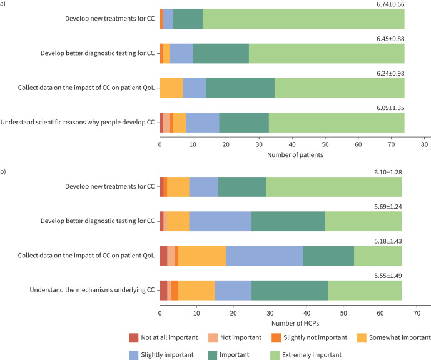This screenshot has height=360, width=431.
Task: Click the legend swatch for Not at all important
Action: pos(133,337)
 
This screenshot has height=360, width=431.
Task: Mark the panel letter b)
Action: pos(4,167)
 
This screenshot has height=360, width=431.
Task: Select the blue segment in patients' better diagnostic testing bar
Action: pos(181,54)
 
